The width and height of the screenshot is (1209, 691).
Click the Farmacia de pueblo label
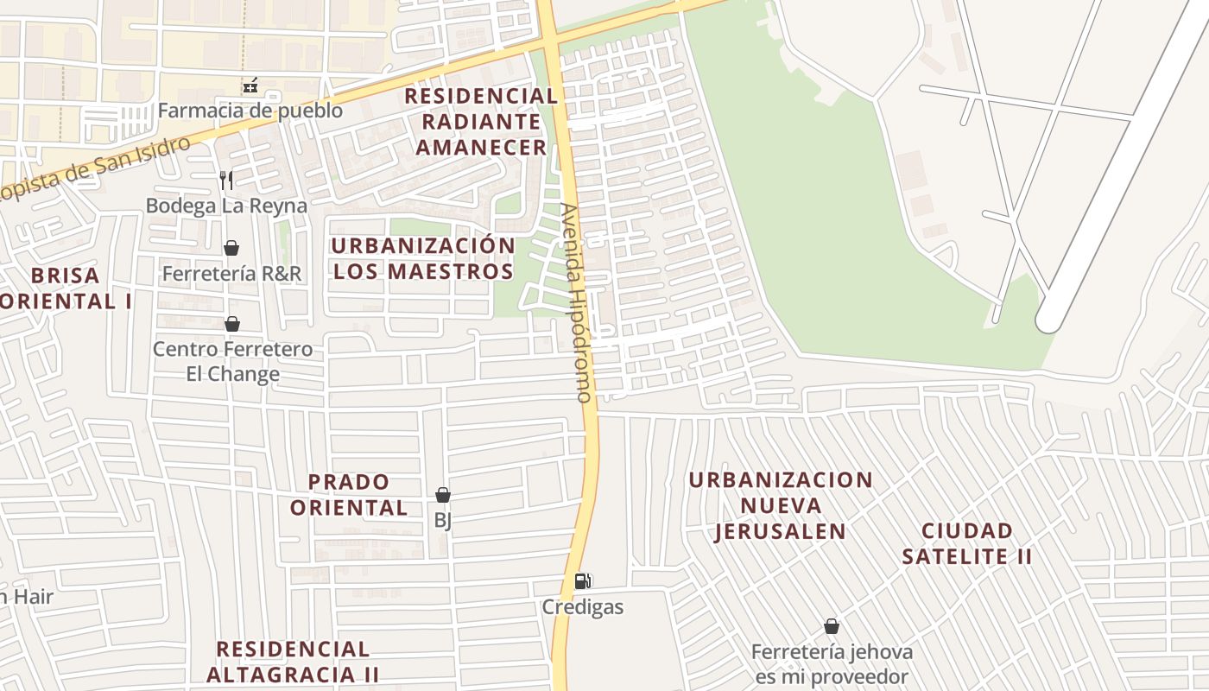(x=250, y=111)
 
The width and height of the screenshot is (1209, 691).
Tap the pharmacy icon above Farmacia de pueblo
(x=250, y=86)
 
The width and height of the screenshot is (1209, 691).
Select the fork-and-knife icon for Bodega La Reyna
(x=226, y=180)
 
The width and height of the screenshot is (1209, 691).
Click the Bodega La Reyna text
(x=226, y=206)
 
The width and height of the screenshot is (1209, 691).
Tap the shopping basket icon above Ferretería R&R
(x=231, y=248)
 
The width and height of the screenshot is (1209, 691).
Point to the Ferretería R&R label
(x=232, y=274)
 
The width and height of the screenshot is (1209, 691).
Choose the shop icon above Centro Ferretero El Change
(x=231, y=324)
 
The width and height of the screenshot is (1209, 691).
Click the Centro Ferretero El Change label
(x=232, y=362)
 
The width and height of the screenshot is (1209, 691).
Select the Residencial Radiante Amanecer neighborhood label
(x=481, y=121)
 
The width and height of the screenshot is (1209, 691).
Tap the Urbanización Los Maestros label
(x=423, y=258)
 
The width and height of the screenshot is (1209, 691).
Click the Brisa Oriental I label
(x=66, y=288)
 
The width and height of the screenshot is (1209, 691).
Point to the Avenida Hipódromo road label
(x=576, y=302)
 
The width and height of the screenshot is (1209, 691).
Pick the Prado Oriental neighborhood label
(x=349, y=494)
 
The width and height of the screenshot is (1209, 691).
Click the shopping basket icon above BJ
(x=443, y=495)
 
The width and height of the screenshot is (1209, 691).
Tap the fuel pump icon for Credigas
(x=583, y=581)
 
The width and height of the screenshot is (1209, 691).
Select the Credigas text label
(x=583, y=607)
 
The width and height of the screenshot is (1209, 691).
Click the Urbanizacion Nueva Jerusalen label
(x=781, y=505)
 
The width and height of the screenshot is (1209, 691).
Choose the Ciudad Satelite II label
(x=967, y=543)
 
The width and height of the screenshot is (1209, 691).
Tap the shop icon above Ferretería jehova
(x=832, y=626)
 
